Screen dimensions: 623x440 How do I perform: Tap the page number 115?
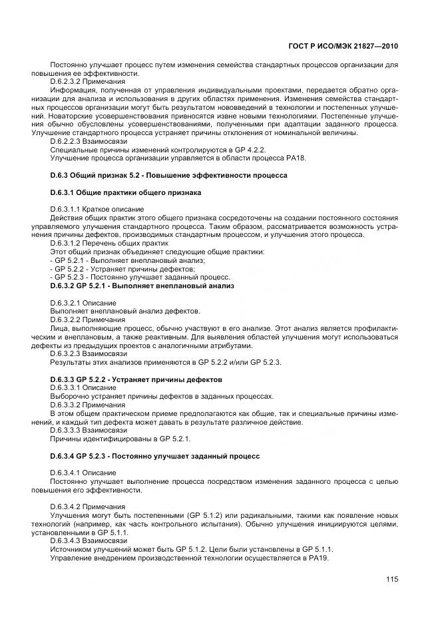391,578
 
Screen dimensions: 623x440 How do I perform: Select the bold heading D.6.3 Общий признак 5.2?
168,176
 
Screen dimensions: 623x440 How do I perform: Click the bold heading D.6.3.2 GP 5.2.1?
141,286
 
